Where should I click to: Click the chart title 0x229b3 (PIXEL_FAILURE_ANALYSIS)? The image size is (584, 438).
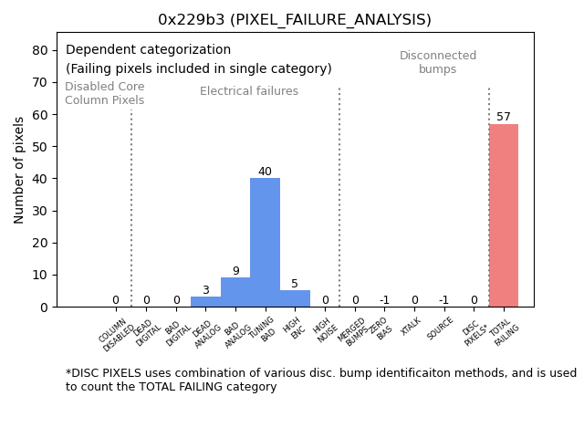(294, 20)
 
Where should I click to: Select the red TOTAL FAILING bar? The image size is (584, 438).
(503, 215)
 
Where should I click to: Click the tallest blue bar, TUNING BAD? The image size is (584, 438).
(265, 243)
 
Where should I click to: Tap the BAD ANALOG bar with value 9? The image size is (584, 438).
(235, 292)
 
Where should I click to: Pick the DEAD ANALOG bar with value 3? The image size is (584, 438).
(205, 301)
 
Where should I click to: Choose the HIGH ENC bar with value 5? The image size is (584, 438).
(295, 298)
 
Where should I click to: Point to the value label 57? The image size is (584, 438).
(504, 117)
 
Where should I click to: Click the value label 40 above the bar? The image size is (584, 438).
(265, 172)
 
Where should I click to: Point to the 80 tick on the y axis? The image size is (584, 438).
(40, 50)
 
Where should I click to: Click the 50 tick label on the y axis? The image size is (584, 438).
(40, 147)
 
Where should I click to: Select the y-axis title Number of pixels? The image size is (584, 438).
(20, 170)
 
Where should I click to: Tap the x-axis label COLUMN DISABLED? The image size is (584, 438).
(118, 334)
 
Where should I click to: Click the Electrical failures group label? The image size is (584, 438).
(249, 91)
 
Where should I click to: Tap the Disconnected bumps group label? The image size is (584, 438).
(438, 63)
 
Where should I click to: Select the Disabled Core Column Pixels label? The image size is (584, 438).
(104, 93)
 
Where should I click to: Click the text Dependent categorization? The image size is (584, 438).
(148, 50)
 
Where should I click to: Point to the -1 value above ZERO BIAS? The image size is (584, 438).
(384, 300)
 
